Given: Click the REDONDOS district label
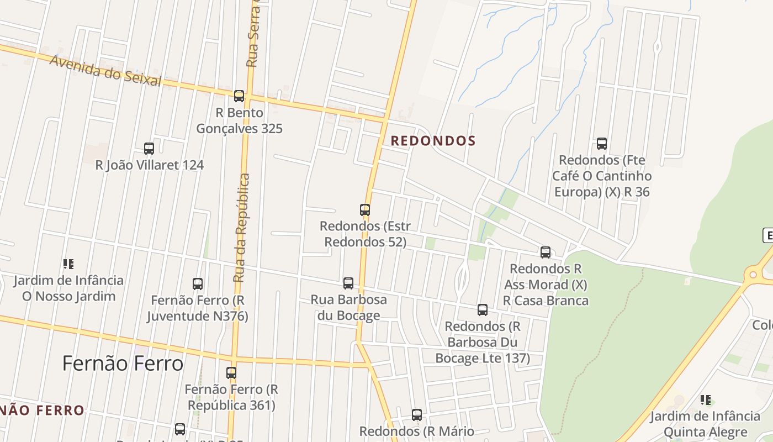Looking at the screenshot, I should click(x=433, y=141).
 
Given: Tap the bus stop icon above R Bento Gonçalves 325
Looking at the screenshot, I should click(x=239, y=96).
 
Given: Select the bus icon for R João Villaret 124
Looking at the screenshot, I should click(x=149, y=148).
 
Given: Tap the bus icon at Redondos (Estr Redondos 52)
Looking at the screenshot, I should click(x=365, y=210).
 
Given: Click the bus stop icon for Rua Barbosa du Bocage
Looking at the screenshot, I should click(x=348, y=283).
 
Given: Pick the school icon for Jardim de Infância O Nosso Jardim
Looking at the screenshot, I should click(x=68, y=264).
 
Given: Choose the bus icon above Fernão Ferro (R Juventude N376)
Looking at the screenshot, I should click(x=198, y=284).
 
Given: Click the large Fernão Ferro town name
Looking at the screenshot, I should click(x=123, y=364).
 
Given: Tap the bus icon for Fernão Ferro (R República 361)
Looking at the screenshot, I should click(x=231, y=373).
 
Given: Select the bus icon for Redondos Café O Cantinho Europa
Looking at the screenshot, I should click(x=602, y=144).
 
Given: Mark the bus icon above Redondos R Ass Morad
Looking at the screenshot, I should click(x=546, y=252).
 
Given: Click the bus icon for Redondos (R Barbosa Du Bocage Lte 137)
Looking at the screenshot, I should click(x=483, y=310).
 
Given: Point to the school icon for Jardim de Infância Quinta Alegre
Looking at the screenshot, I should click(x=705, y=399).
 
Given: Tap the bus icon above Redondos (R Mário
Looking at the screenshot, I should click(x=417, y=414).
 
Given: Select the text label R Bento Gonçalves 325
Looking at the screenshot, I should click(x=240, y=120).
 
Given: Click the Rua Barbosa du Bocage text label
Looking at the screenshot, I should click(x=348, y=307).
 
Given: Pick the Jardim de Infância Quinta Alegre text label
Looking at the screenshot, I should click(x=705, y=424).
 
